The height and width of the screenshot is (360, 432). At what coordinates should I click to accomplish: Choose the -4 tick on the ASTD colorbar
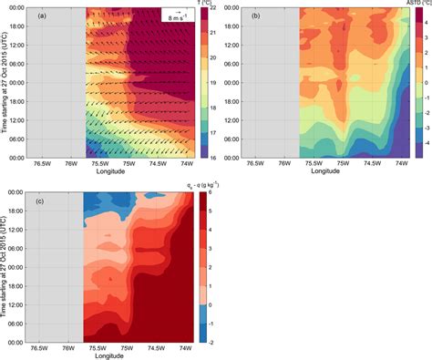[x=421, y=144]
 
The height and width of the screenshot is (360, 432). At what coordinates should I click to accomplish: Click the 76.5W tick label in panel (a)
[x=40, y=164]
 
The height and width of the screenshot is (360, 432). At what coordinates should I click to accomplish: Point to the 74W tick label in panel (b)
[x=400, y=164]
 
